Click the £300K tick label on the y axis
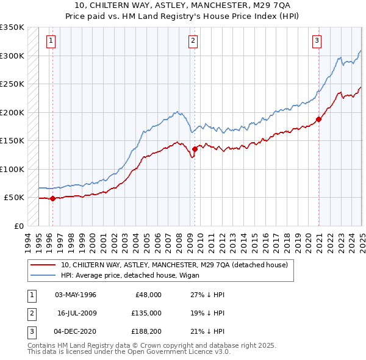click(12, 56)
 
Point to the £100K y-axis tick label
click(12, 169)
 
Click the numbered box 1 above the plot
click(50, 41)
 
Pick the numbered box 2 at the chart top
click(193, 41)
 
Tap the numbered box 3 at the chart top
click(317, 41)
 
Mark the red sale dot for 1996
click(52, 198)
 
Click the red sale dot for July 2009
click(195, 149)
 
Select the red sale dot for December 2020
click(318, 119)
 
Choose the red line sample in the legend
click(43, 265)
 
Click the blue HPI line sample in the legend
click(43, 275)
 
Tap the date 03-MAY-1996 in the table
click(76, 295)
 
